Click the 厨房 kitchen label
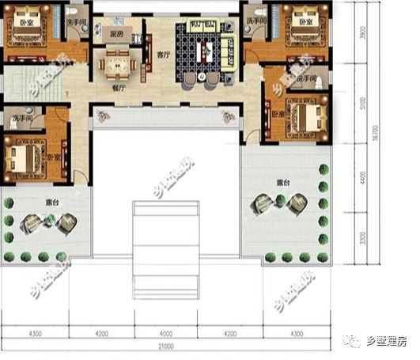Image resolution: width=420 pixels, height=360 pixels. click(x=116, y=35)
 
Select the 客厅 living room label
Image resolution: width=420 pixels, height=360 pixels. click(x=165, y=56)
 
